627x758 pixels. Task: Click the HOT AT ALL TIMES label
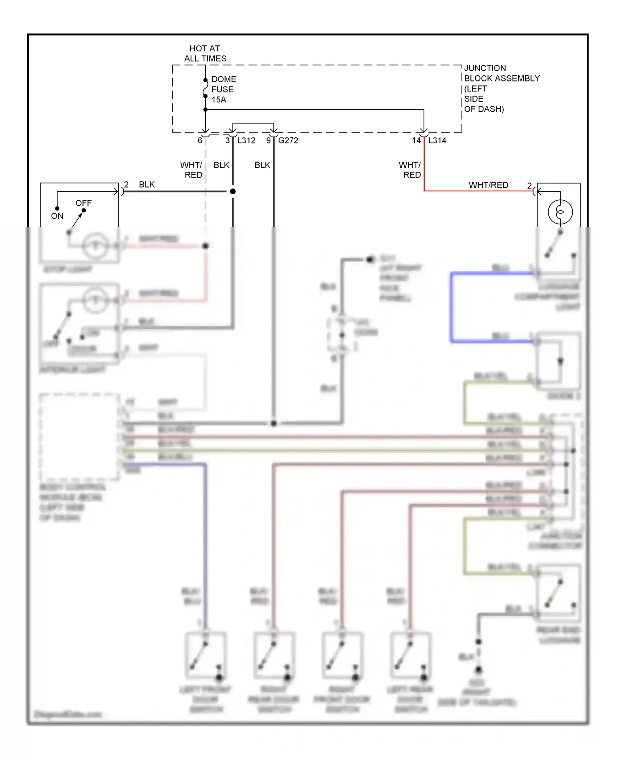pyautogui.click(x=205, y=53)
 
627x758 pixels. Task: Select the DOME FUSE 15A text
pyautogui.click(x=223, y=89)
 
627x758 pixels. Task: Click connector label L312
pyautogui.click(x=246, y=141)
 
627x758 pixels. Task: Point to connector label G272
pyautogui.click(x=288, y=141)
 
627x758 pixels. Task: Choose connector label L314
pyautogui.click(x=437, y=141)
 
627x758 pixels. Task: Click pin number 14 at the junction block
pyautogui.click(x=416, y=141)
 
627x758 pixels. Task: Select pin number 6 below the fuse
pyautogui.click(x=200, y=141)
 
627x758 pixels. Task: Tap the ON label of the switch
pyautogui.click(x=57, y=216)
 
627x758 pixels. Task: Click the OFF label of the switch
pyautogui.click(x=83, y=203)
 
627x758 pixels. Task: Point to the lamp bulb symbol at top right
pyautogui.click(x=560, y=212)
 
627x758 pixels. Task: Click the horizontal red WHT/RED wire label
pyautogui.click(x=488, y=185)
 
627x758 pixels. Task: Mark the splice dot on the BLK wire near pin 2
pyautogui.click(x=233, y=191)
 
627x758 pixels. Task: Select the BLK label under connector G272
pyautogui.click(x=262, y=165)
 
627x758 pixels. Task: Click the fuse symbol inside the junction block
pyautogui.click(x=205, y=89)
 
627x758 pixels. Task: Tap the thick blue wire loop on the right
pyautogui.click(x=452, y=307)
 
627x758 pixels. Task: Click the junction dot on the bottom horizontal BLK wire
pyautogui.click(x=274, y=423)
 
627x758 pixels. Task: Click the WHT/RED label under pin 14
pyautogui.click(x=410, y=170)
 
